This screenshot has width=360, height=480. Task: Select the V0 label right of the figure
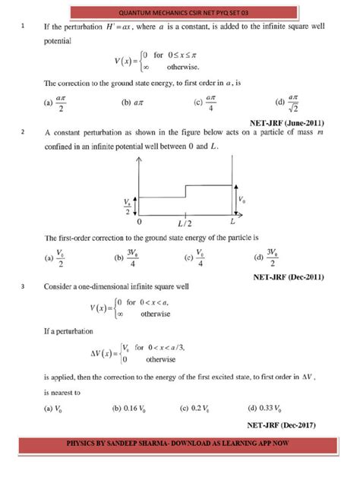242,200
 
